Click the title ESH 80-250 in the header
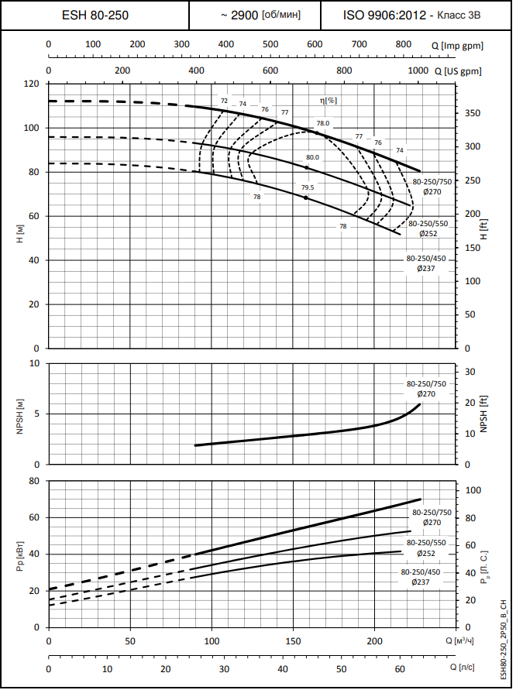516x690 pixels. [x=95, y=15]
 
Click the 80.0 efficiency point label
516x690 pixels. [x=312, y=157]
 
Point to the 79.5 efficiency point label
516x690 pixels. [x=308, y=187]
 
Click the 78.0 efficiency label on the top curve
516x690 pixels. [x=323, y=123]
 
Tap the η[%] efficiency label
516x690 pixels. [x=329, y=100]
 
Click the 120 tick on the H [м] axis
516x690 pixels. [x=32, y=84]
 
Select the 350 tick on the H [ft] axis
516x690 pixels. [x=473, y=114]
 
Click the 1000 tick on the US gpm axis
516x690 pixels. [x=418, y=70]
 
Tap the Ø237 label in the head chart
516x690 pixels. [x=425, y=268]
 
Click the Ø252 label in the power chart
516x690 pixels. [x=425, y=553]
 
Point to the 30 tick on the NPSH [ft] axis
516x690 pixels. [x=470, y=372]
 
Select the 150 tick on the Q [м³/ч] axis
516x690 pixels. [x=293, y=641]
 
